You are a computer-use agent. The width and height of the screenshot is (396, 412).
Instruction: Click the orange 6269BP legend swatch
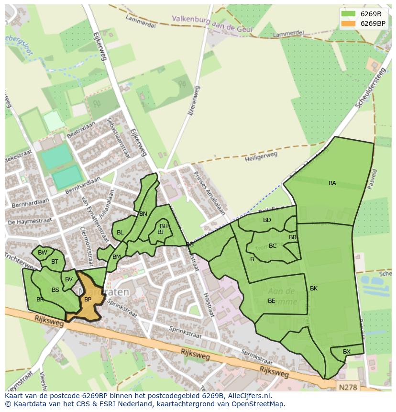(x=349, y=23)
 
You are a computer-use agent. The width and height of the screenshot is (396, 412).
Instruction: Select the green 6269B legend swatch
(x=349, y=14)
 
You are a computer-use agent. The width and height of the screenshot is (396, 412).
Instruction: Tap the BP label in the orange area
(x=88, y=300)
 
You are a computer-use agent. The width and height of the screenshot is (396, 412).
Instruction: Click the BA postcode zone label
(x=332, y=183)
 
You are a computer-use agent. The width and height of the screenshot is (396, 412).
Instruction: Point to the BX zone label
(x=347, y=352)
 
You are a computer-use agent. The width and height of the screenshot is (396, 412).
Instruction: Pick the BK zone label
(x=314, y=289)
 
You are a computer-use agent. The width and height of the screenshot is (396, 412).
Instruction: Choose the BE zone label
(x=271, y=301)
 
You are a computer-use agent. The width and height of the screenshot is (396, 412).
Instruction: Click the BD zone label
(x=267, y=220)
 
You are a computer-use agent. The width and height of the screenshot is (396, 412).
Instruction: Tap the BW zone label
(x=43, y=253)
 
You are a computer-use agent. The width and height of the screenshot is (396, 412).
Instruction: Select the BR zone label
(x=40, y=300)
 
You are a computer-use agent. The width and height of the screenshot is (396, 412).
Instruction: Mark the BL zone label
(x=120, y=233)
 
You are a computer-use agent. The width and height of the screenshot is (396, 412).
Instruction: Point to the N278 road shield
(x=348, y=385)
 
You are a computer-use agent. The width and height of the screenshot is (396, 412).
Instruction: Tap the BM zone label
(x=117, y=257)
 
